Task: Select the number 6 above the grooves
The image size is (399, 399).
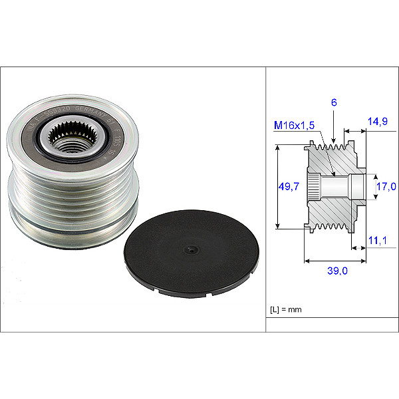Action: tap(333, 102)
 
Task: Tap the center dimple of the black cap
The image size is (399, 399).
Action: tap(191, 249)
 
